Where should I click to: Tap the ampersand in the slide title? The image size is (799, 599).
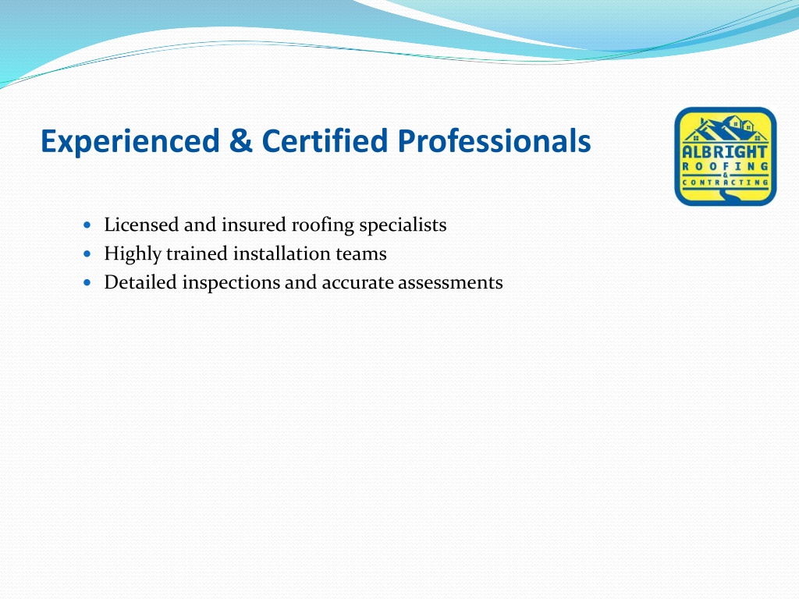click(240, 140)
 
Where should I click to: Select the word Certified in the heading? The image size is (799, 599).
click(325, 140)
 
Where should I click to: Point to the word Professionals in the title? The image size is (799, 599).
click(494, 141)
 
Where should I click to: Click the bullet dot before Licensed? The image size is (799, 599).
click(87, 224)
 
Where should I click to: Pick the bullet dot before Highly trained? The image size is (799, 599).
click(87, 253)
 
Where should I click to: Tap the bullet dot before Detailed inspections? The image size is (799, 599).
click(87, 282)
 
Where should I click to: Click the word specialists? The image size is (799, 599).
click(403, 225)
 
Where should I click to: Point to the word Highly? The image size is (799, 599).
click(133, 254)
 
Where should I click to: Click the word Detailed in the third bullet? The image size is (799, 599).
click(140, 282)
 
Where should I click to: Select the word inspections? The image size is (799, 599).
click(231, 283)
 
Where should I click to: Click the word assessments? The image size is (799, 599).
click(450, 283)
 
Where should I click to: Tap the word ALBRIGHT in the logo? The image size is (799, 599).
click(725, 152)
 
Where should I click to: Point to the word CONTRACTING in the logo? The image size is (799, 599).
click(725, 183)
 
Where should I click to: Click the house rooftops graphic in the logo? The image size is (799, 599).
click(725, 129)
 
